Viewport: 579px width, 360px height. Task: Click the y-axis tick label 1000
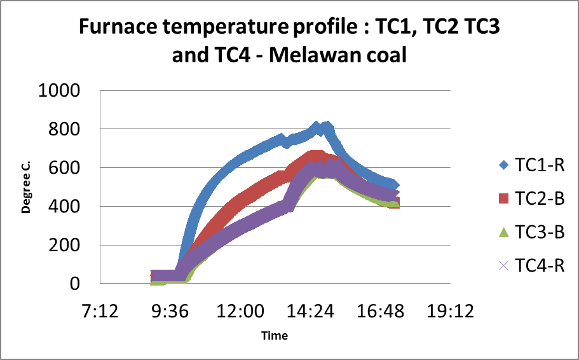coord(59,90)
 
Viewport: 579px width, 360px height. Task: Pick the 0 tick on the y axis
coord(75,284)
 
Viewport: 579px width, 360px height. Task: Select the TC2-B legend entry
coord(539,198)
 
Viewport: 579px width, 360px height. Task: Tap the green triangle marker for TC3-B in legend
coord(504,232)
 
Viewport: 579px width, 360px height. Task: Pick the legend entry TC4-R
coord(539,265)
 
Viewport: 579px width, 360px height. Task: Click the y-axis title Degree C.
coord(27,187)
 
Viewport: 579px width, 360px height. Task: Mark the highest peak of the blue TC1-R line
coord(316,126)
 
